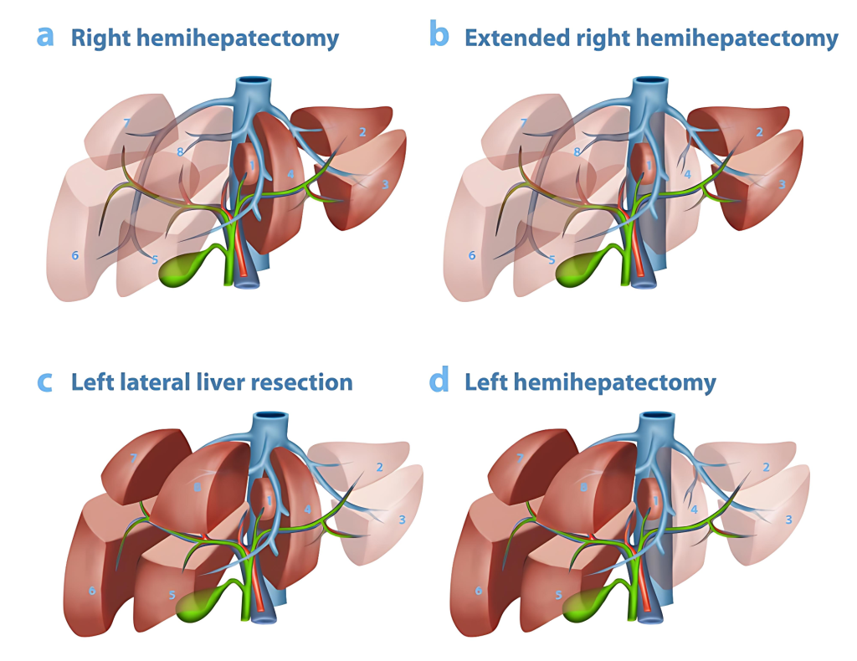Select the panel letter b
click(x=439, y=36)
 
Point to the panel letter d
click(x=439, y=381)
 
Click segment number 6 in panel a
click(x=75, y=255)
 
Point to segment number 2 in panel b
click(x=759, y=131)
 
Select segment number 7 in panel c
click(x=133, y=459)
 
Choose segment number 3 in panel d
click(x=788, y=520)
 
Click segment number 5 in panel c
click(x=172, y=596)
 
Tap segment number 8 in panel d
click(x=583, y=486)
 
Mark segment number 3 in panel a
click(x=385, y=185)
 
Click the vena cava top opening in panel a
click(x=253, y=82)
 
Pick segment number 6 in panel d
click(x=478, y=591)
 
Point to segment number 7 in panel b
click(x=525, y=123)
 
